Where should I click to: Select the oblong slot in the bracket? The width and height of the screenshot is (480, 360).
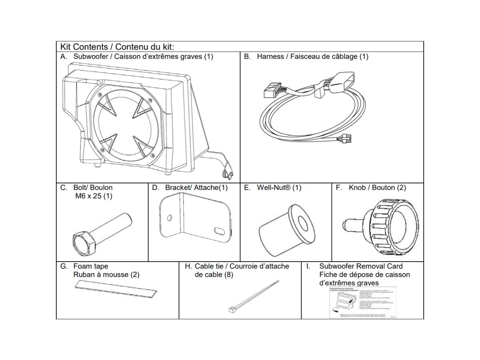click(x=220, y=231)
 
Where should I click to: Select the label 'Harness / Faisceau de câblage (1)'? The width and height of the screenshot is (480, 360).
click(x=312, y=56)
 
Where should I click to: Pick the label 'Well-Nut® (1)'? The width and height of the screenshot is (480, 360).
click(x=279, y=188)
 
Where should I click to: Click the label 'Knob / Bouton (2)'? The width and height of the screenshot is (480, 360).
click(x=377, y=188)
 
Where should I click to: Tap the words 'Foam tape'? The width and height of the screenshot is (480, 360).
click(x=91, y=266)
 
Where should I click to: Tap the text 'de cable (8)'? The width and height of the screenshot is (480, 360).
click(x=214, y=275)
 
